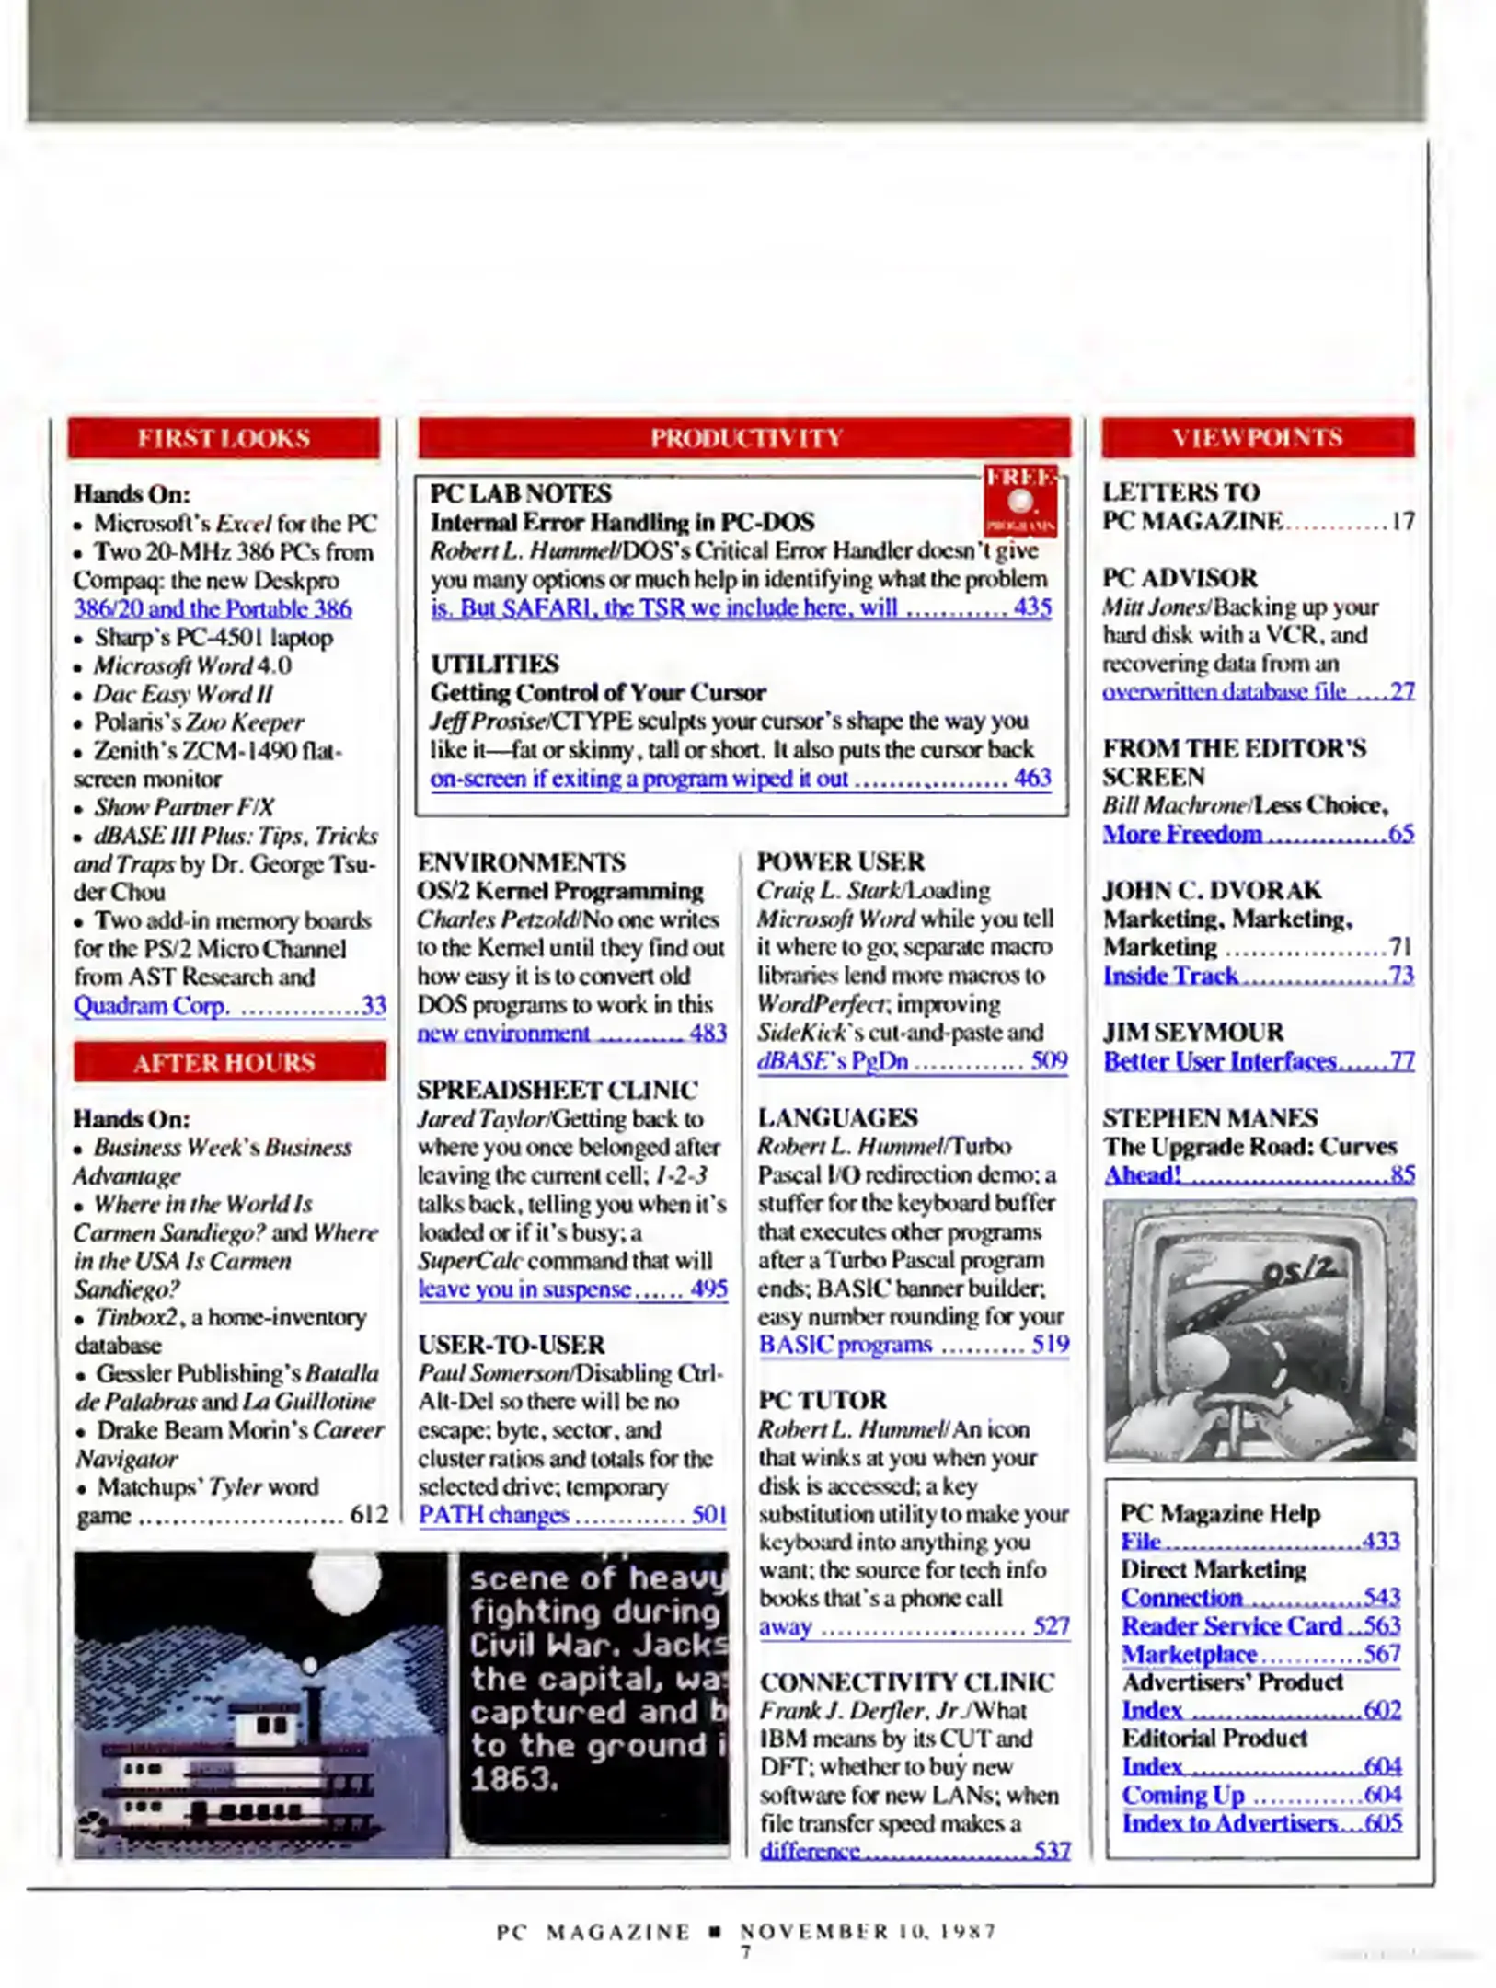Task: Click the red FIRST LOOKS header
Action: tap(224, 438)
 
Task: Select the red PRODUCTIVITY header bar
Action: tap(744, 438)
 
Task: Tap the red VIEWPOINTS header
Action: tap(1257, 438)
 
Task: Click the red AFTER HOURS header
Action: tap(225, 1062)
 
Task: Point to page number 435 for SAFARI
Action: tap(1031, 607)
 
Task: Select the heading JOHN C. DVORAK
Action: tap(1212, 890)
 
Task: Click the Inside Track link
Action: tap(1170, 975)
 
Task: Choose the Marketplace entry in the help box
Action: tap(1189, 1654)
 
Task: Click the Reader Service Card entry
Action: tap(1231, 1625)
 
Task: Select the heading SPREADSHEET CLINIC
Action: tap(557, 1090)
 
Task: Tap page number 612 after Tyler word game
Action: tap(369, 1514)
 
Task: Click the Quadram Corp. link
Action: tap(151, 1005)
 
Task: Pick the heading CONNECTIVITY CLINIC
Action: tap(906, 1682)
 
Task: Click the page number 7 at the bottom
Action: tap(745, 1952)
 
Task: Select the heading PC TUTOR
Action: tap(822, 1400)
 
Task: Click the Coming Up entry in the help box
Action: tap(1183, 1795)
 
